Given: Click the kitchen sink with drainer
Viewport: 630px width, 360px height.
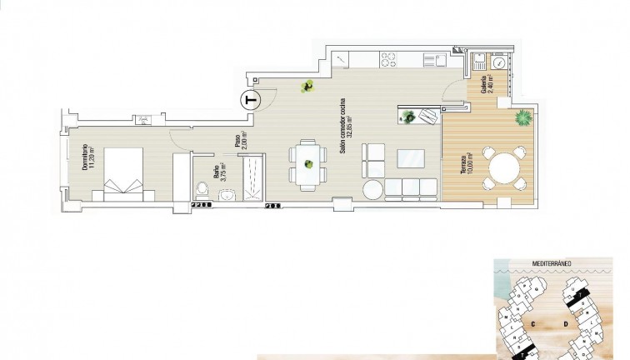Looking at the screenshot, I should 432,59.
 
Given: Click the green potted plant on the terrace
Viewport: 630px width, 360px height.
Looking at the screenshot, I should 522,117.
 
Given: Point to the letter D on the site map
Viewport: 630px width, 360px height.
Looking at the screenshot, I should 566,322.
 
